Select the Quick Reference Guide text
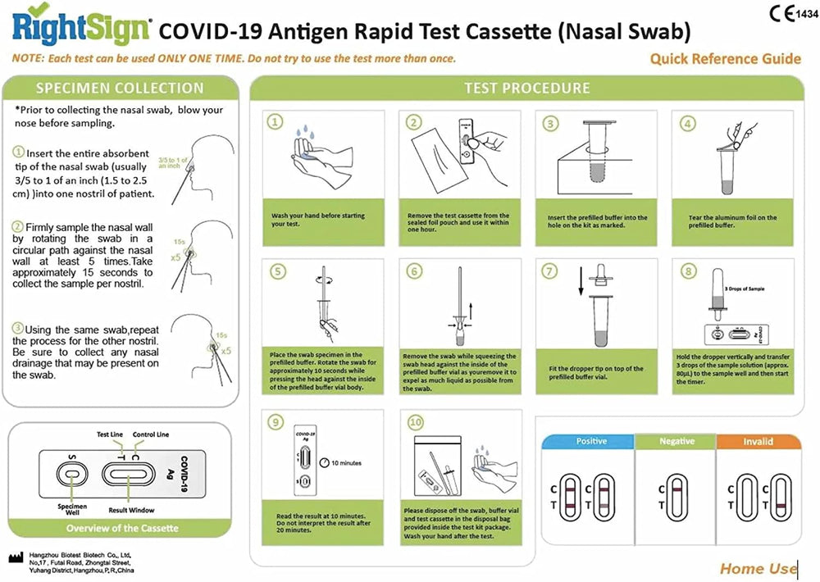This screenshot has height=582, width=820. pyautogui.click(x=725, y=58)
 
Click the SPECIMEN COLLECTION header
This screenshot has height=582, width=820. pyautogui.click(x=120, y=89)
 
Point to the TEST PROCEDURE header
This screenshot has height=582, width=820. pyautogui.click(x=526, y=89)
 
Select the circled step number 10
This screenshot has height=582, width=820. pyautogui.click(x=415, y=423)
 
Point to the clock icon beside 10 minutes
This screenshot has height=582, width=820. pyautogui.click(x=323, y=462)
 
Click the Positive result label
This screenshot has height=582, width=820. pyautogui.click(x=591, y=442)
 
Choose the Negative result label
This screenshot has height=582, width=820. pyautogui.click(x=676, y=442)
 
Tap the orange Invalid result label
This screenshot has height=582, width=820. pyautogui.click(x=758, y=442)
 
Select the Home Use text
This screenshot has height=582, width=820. pyautogui.click(x=757, y=568)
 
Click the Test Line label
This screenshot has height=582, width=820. pyautogui.click(x=110, y=434)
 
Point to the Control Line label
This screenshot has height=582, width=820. pyautogui.click(x=150, y=434)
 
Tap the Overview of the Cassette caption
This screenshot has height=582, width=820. pyautogui.click(x=122, y=527)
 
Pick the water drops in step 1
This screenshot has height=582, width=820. pyautogui.click(x=305, y=131)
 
